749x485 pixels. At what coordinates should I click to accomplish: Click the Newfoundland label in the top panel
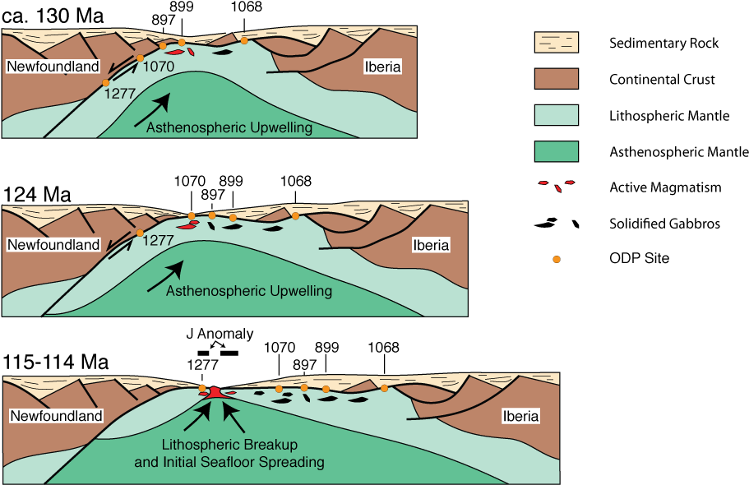pos(53,67)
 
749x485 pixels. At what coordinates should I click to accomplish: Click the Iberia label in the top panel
pos(382,67)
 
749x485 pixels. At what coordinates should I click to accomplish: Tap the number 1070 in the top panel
pos(159,67)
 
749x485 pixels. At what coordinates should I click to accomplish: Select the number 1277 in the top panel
pos(119,94)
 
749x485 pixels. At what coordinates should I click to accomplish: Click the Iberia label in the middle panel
pos(431,244)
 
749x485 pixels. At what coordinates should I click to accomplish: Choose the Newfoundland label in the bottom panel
pos(56,416)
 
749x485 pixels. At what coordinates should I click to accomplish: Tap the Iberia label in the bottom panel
pos(520,416)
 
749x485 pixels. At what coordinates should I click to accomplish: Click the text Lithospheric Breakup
pos(229,445)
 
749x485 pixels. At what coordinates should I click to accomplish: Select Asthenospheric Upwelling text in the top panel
pos(229,127)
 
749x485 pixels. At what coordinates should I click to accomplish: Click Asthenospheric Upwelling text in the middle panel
pos(248,291)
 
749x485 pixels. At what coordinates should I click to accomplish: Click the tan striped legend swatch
pos(557,42)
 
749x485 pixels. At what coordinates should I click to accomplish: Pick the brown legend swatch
pos(557,78)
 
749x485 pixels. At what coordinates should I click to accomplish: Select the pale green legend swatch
pos(557,114)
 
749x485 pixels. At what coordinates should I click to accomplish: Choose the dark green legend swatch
pos(557,151)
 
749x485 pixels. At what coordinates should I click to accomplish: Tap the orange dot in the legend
pos(557,260)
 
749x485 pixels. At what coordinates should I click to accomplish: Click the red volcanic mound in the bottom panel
pos(215,392)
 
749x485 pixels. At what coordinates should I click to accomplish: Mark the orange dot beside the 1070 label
pos(141,58)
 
